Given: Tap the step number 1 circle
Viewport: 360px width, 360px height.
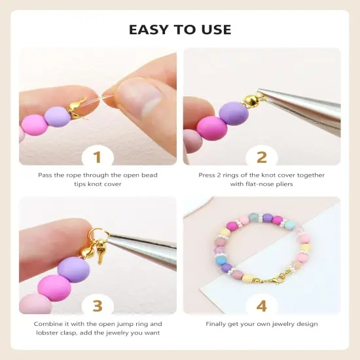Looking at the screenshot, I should (x=98, y=156).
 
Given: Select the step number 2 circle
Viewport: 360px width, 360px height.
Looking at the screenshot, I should (x=262, y=156).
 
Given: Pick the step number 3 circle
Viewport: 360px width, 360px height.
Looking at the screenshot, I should (x=98, y=306).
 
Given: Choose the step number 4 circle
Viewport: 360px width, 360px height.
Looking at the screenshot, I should (x=262, y=306).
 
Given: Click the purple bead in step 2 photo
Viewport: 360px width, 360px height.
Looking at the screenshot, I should (x=233, y=113).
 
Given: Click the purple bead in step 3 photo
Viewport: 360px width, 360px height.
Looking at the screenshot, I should (x=74, y=269).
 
